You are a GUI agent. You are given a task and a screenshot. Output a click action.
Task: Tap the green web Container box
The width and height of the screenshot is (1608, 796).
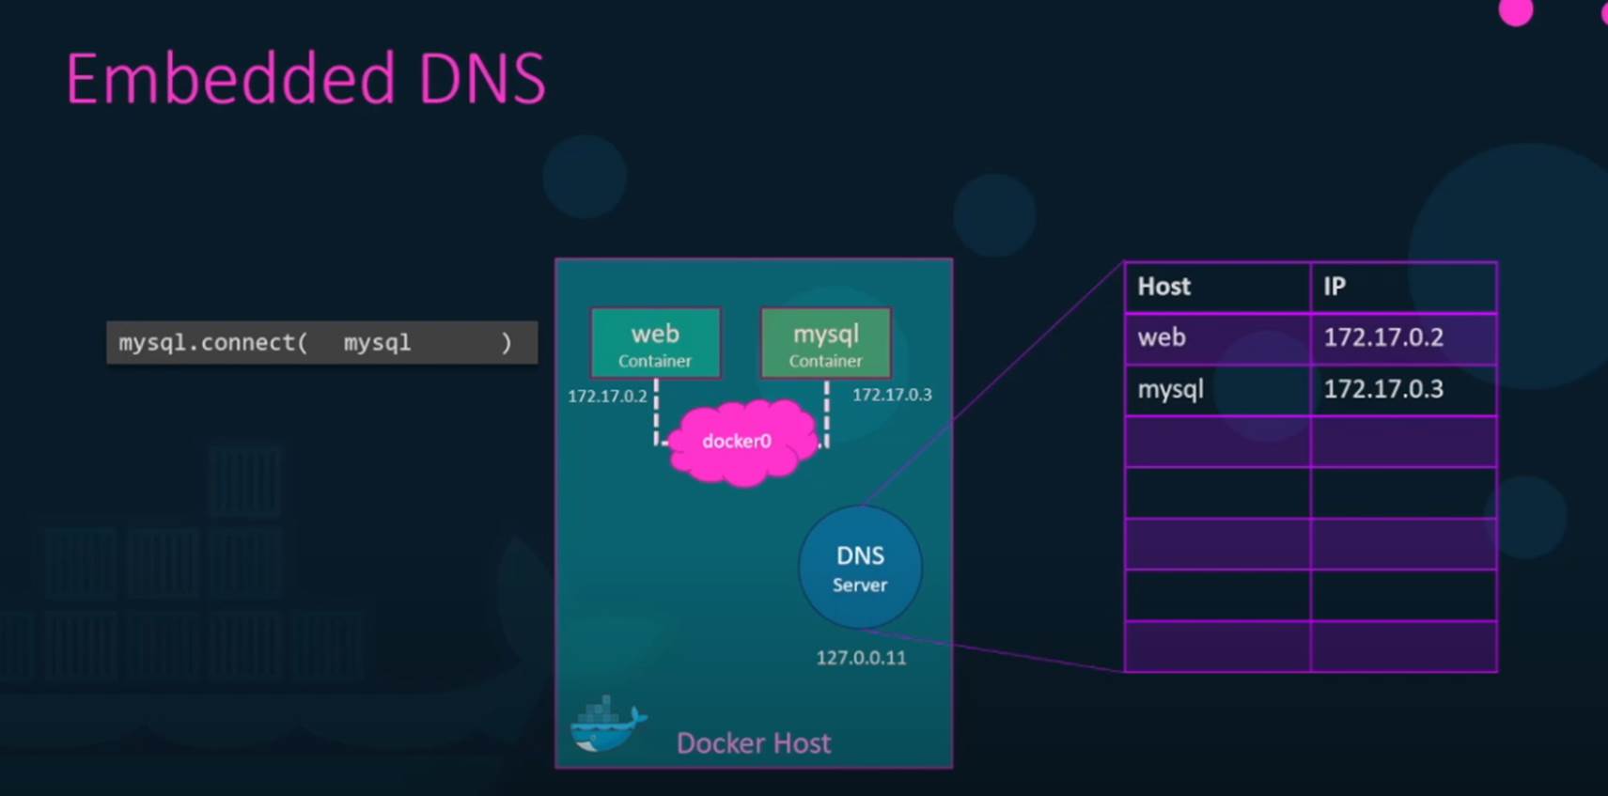click(655, 343)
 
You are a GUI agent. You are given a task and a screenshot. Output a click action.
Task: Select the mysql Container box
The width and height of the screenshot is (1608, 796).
click(826, 343)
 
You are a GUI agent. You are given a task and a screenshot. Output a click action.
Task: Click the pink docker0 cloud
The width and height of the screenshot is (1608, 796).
click(740, 442)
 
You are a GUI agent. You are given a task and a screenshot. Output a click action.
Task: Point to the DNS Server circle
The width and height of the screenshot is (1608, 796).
click(860, 568)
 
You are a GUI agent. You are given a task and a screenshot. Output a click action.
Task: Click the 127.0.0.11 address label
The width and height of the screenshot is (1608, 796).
click(861, 658)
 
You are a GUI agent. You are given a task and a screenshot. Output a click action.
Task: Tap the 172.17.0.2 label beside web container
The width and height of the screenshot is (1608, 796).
click(607, 397)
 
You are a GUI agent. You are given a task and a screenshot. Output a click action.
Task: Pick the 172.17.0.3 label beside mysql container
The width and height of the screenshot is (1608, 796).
click(892, 395)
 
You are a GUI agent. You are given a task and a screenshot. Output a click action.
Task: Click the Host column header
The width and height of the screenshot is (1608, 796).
click(1163, 288)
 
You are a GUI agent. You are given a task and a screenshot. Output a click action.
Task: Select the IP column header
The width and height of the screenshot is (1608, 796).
click(1335, 288)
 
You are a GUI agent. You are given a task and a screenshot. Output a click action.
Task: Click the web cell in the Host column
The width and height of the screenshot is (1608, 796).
click(1162, 337)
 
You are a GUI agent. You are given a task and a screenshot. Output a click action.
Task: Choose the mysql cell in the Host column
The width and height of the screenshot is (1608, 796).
click(1171, 390)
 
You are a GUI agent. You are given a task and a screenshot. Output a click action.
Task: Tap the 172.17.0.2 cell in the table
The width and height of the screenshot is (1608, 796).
click(1383, 337)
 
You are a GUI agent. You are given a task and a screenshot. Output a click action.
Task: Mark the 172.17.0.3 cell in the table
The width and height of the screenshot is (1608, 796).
click(1383, 389)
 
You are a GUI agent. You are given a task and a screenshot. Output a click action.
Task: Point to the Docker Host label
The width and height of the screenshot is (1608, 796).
click(754, 743)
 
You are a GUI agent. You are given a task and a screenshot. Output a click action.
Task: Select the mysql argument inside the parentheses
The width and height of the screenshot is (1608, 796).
click(378, 343)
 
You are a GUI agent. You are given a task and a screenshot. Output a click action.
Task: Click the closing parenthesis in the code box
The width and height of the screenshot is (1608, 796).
click(507, 342)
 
